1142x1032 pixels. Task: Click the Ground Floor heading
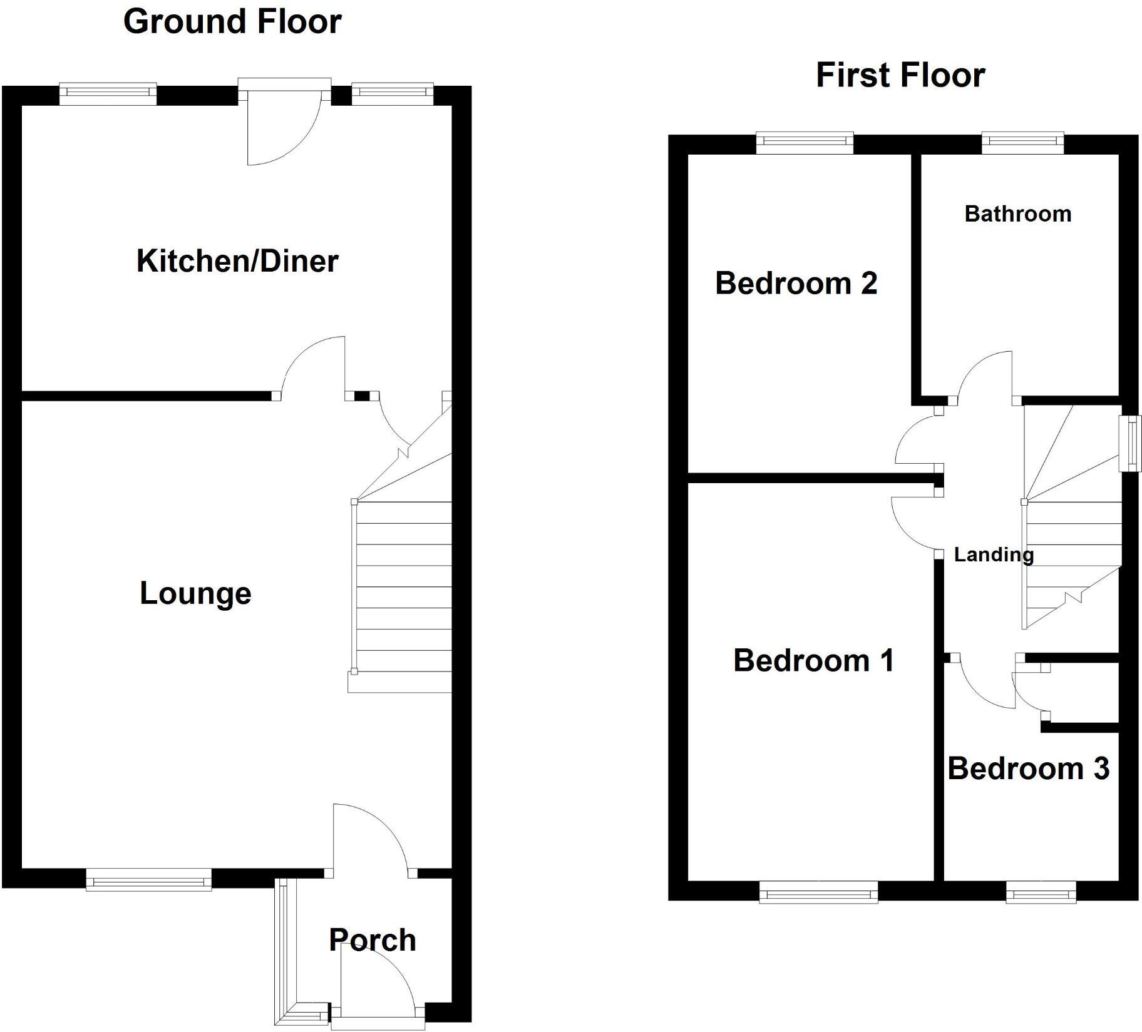coord(232,22)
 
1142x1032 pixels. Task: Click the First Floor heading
coord(900,75)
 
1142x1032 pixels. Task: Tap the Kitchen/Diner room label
coord(237,261)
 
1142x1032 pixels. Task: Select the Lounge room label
coord(195,593)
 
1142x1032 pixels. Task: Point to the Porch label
coord(373,940)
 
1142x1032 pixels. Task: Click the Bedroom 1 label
coord(813,661)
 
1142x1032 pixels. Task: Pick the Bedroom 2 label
coord(796,283)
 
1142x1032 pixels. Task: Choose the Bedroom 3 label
coord(1028,769)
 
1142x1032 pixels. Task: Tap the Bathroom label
coord(1017,214)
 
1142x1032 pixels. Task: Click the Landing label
coord(993,554)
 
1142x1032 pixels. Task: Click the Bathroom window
coord(1022,143)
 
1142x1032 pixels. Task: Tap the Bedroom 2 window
coord(805,143)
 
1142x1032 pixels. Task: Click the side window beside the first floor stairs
coord(1130,444)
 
